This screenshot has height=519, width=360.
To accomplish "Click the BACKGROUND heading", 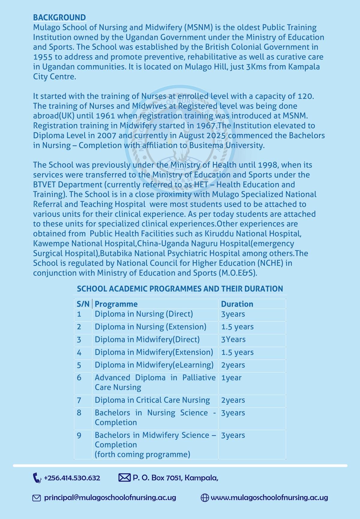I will pos(59,17).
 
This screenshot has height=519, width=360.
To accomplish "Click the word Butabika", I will pos(116,253).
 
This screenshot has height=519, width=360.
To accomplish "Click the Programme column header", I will pos(116,304).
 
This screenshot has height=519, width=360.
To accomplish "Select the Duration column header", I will pos(237,304).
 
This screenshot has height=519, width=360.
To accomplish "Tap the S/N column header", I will pos(83,304).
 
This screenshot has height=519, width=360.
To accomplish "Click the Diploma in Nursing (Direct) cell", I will pos(144,314).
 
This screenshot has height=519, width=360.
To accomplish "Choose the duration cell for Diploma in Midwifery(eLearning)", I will pos(233,365).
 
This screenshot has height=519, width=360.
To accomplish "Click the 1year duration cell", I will pos(231,378).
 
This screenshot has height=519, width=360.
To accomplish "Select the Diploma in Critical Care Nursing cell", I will pos(152,400).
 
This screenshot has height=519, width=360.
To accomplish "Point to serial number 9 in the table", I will pos(79,435).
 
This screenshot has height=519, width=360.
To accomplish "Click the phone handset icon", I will pos(37,478).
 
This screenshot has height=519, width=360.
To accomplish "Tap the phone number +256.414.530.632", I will pos(72,478).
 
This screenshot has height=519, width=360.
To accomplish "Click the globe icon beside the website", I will pos(205,498).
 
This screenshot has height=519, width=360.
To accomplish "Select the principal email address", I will pos(110,498).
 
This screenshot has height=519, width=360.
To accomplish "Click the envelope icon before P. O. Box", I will pos(124,478).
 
